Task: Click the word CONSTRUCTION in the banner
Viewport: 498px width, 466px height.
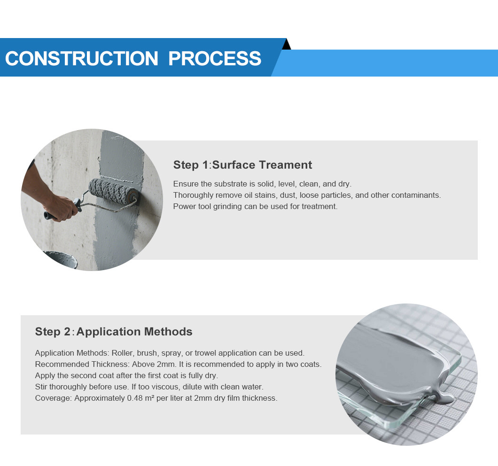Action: click(x=82, y=58)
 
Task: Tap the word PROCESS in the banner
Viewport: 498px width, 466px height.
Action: click(x=215, y=58)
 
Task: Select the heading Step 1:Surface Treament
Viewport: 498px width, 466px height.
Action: click(x=242, y=165)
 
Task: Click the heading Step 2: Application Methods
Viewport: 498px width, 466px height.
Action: click(x=114, y=332)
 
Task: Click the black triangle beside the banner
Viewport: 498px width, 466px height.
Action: click(x=287, y=44)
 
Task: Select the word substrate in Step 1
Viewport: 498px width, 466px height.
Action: click(x=232, y=184)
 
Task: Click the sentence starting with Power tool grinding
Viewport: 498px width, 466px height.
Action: click(x=256, y=207)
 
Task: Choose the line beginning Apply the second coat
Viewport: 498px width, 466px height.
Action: click(x=126, y=376)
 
